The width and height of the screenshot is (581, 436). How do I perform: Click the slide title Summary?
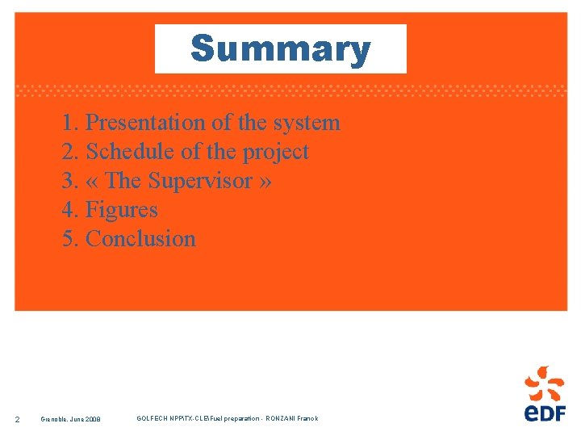280,49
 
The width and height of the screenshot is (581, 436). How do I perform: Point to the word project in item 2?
278,152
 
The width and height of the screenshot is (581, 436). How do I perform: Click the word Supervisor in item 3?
203,181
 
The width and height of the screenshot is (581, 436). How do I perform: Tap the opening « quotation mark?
92,182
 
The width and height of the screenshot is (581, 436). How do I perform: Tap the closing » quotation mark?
265,182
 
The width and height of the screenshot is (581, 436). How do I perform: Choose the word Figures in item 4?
121,210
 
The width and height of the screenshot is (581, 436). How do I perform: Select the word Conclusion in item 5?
140,239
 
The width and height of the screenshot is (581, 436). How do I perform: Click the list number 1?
69,123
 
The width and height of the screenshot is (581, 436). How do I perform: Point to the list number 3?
69,181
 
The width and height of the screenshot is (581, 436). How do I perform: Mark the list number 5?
69,239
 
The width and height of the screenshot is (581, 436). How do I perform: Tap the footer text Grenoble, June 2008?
71,419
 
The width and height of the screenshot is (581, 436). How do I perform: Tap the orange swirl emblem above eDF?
545,382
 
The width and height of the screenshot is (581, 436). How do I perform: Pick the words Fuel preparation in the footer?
235,418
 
